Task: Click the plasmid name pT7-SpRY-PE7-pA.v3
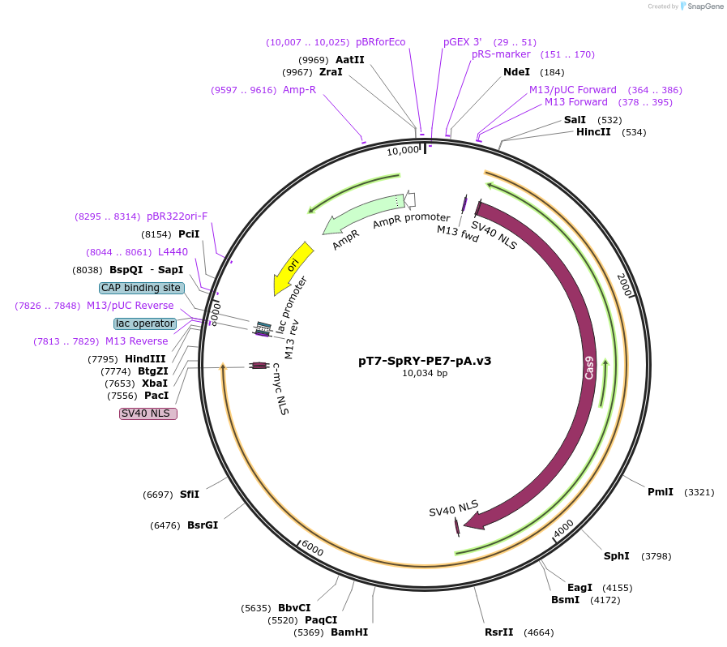[425, 361]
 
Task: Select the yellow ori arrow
[293, 268]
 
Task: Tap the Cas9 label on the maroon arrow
[589, 368]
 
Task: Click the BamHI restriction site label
[349, 632]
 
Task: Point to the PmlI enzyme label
[661, 491]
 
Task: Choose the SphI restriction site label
[616, 555]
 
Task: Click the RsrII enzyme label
[499, 632]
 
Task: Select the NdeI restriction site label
[516, 72]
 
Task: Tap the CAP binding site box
[141, 288]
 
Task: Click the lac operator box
[145, 323]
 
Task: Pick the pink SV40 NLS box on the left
[148, 413]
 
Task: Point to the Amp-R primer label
[300, 90]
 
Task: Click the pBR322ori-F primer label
[177, 216]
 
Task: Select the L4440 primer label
[173, 252]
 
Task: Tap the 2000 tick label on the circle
[624, 285]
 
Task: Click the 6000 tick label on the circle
[313, 548]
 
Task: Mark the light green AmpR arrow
[363, 214]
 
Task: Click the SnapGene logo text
[705, 6]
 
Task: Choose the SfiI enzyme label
[189, 495]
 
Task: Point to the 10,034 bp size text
[425, 373]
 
